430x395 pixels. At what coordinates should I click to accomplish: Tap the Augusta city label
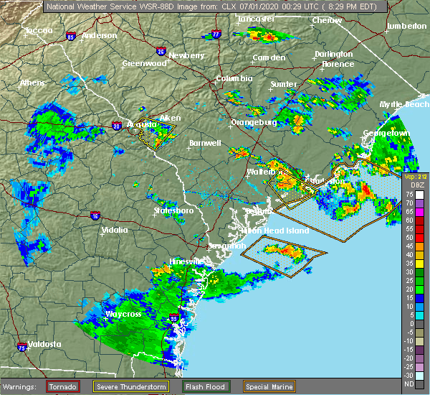pyautogui.click(x=141, y=124)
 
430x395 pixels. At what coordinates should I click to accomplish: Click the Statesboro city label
pyautogui.click(x=173, y=210)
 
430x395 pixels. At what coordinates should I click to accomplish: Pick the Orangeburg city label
pyautogui.click(x=254, y=122)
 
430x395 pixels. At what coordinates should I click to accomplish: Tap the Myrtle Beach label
pyautogui.click(x=404, y=104)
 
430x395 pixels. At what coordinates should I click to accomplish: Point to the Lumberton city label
pyautogui.click(x=406, y=26)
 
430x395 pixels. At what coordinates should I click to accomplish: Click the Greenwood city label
pyautogui.click(x=139, y=63)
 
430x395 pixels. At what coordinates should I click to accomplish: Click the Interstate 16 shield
pyautogui.click(x=95, y=215)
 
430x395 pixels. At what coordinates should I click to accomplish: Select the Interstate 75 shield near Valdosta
pyautogui.click(x=22, y=347)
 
